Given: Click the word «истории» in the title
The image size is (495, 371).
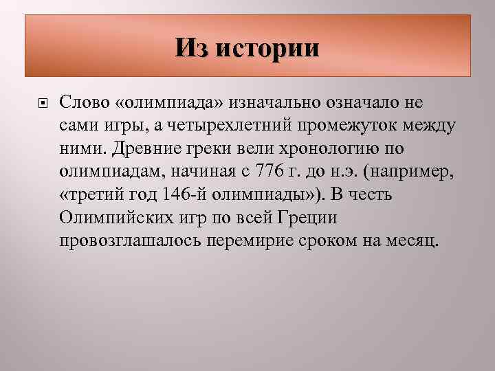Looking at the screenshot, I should pyautogui.click(x=269, y=48).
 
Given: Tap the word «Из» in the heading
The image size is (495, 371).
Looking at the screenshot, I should pyautogui.click(x=193, y=48).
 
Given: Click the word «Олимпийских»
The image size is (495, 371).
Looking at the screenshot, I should pyautogui.click(x=113, y=219).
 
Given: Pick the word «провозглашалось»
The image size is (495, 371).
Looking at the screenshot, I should pyautogui.click(x=131, y=243).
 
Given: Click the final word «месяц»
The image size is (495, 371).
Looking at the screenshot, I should pyautogui.click(x=410, y=243).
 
